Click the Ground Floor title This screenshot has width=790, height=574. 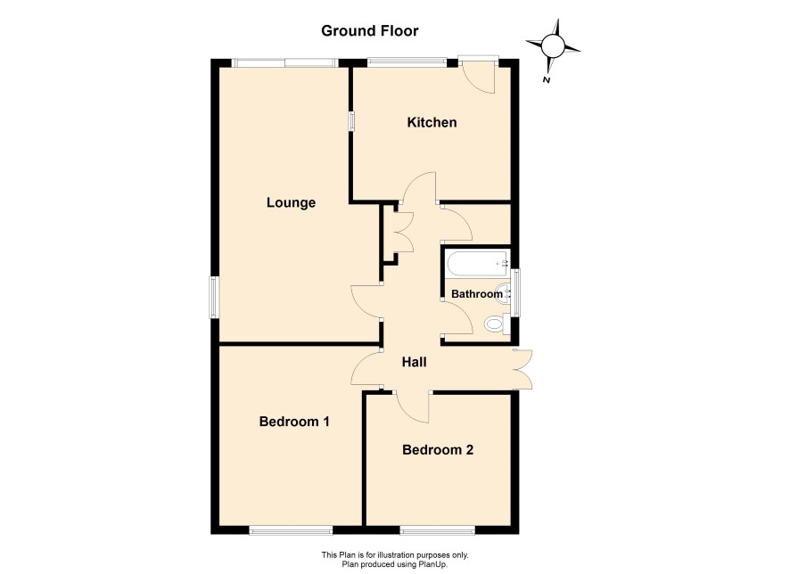(370, 31)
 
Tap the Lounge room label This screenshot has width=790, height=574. (292, 203)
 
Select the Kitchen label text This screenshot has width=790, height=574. (432, 122)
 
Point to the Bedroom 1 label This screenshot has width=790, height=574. (294, 422)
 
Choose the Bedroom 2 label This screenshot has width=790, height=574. (438, 449)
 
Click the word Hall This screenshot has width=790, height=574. (414, 362)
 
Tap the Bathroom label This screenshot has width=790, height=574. (477, 294)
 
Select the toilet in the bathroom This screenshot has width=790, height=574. (498, 324)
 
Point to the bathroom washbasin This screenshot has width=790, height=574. (504, 293)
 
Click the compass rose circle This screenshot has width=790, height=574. (553, 46)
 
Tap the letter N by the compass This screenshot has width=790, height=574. (546, 79)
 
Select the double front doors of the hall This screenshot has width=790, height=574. (523, 369)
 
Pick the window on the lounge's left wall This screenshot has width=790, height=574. (215, 297)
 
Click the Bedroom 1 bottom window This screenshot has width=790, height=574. (291, 529)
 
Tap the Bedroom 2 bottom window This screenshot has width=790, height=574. (437, 529)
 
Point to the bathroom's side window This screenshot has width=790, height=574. (514, 292)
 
